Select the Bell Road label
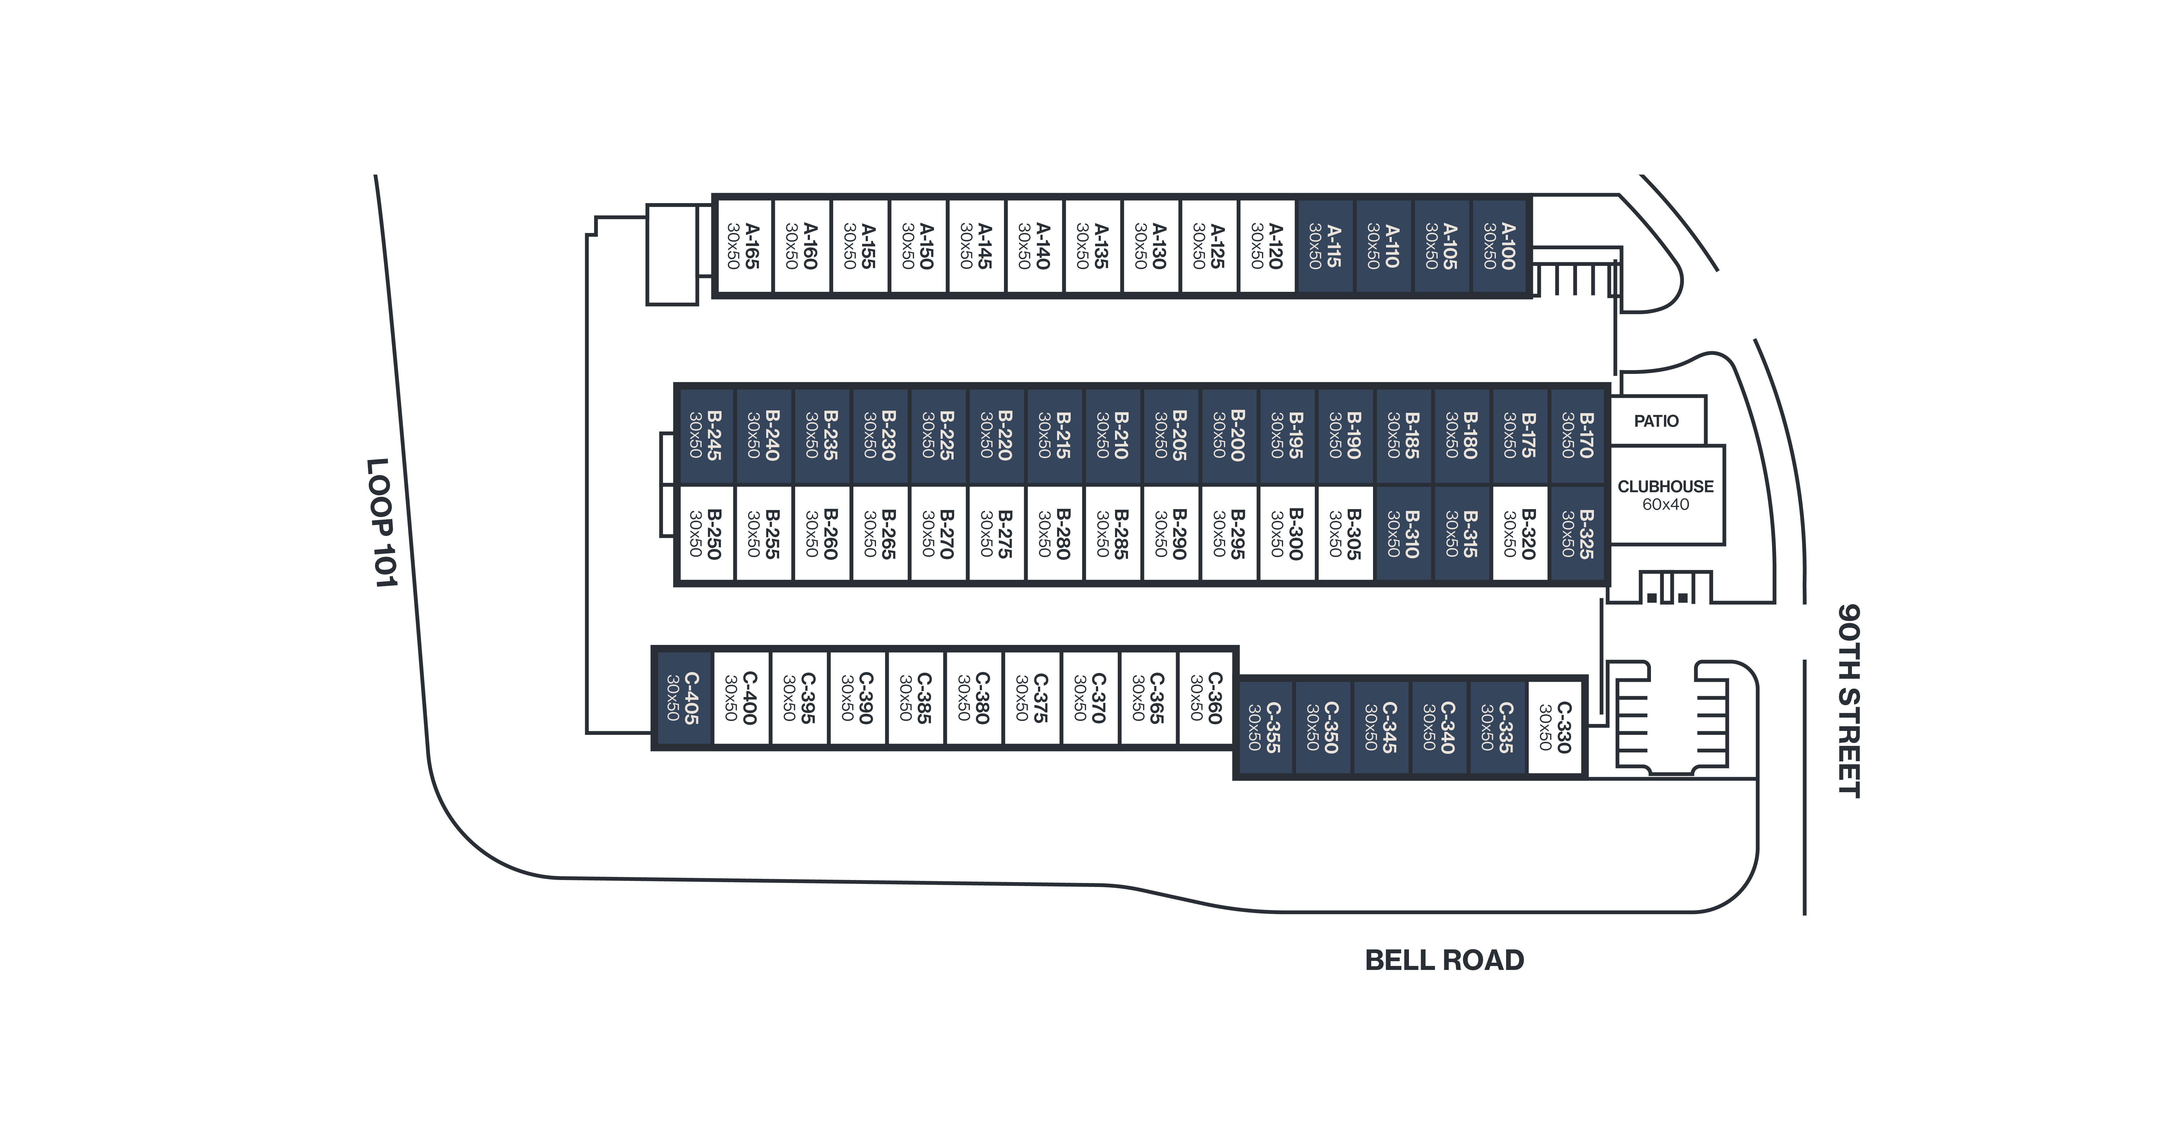point(1444,960)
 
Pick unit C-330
point(1555,727)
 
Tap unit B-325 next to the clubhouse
point(1577,533)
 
